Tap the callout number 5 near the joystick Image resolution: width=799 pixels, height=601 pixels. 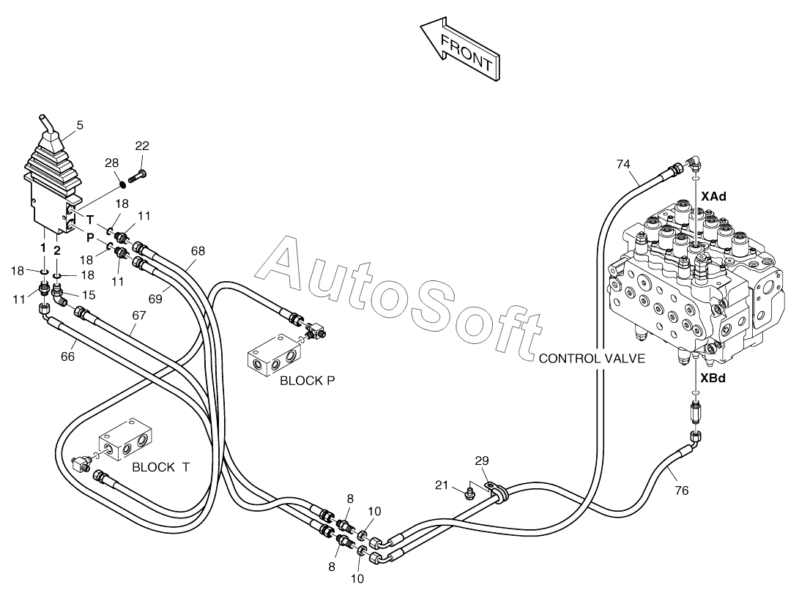[80, 124]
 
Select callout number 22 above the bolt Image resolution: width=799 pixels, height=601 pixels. [142, 146]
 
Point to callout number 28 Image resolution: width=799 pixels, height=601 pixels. [111, 163]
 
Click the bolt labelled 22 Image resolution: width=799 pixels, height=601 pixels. [138, 176]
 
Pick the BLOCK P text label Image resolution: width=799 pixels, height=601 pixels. [308, 381]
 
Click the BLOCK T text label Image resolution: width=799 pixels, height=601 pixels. [160, 467]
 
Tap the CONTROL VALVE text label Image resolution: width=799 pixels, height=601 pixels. [592, 359]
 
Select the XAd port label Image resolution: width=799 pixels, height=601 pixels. [713, 196]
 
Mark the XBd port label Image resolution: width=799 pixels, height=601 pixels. [713, 378]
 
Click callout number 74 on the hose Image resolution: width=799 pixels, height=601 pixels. [623, 164]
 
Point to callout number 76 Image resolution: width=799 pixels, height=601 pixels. [681, 490]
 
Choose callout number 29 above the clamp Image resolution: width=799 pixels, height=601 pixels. [482, 460]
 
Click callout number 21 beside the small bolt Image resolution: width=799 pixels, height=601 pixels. [442, 485]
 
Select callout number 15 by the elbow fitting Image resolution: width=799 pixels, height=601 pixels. [89, 295]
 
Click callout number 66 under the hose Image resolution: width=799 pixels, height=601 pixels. [68, 357]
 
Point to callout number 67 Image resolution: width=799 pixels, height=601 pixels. [139, 316]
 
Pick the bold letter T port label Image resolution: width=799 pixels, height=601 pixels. [90, 220]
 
